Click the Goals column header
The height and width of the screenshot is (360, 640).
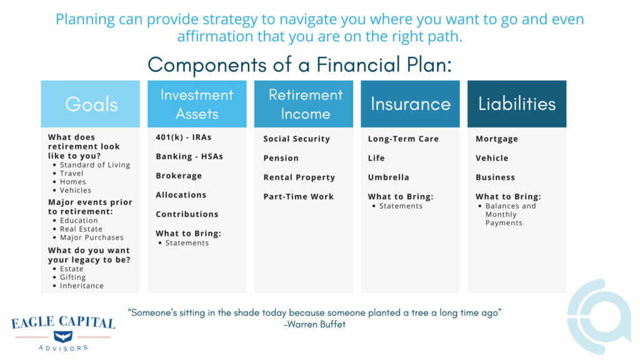tap(91, 104)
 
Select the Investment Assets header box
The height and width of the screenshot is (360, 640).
tap(197, 104)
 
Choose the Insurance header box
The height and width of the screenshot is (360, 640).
tap(410, 104)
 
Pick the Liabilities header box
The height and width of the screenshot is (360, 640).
tap(517, 104)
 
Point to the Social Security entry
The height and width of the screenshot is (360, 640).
tap(296, 139)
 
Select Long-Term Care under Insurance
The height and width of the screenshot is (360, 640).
tap(403, 139)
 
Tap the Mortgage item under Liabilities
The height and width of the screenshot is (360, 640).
tap(497, 139)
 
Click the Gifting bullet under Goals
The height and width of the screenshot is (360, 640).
tap(72, 277)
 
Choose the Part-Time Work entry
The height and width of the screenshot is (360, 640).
tap(299, 196)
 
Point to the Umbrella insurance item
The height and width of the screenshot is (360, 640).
tap(388, 177)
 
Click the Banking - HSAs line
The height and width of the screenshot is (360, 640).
tap(189, 157)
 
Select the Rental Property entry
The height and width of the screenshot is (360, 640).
tap(299, 177)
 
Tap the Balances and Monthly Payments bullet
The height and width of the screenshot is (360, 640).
tap(510, 214)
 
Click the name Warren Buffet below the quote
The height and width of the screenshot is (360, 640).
tap(316, 324)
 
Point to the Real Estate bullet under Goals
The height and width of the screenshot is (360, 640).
tap(81, 229)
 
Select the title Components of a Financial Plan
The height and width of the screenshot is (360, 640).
tap(299, 64)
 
